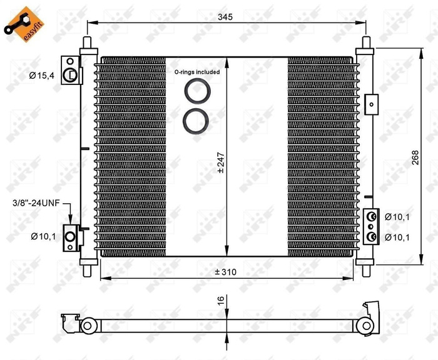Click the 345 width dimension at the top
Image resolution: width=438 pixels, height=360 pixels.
pyautogui.click(x=226, y=17)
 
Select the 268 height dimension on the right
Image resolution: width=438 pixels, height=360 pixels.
pyautogui.click(x=415, y=159)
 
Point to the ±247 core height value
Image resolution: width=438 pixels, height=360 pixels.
pyautogui.click(x=220, y=162)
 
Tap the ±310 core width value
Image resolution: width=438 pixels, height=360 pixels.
pyautogui.click(x=226, y=272)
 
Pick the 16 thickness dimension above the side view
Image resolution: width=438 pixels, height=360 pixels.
pyautogui.click(x=220, y=301)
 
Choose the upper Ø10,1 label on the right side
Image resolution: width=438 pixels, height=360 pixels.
pyautogui.click(x=397, y=216)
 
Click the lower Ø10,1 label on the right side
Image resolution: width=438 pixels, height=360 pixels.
pyautogui.click(x=397, y=237)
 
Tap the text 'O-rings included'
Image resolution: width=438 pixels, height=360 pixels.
pyautogui.click(x=197, y=72)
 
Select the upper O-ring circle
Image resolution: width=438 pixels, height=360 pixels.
pyautogui.click(x=197, y=91)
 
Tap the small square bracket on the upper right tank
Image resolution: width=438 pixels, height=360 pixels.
pyautogui.click(x=371, y=103)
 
